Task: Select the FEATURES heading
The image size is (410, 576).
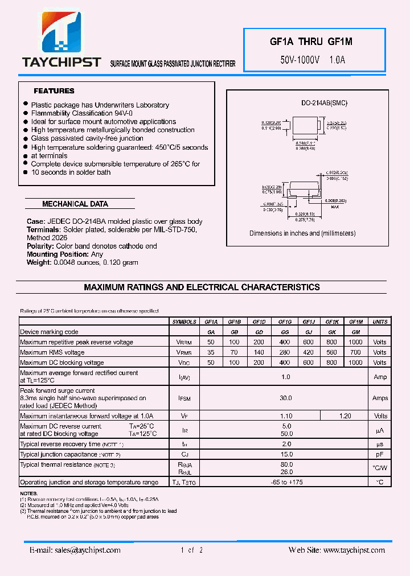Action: [54, 91]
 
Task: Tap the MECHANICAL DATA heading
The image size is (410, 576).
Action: [75, 204]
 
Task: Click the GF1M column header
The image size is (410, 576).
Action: [356, 322]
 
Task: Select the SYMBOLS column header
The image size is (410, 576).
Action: [184, 322]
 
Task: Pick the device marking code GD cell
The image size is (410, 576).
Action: [259, 332]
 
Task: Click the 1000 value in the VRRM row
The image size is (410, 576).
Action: [355, 342]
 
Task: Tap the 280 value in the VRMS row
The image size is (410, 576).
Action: [285, 352]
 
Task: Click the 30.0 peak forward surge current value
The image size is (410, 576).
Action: [286, 398]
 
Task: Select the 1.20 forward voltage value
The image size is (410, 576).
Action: [345, 416]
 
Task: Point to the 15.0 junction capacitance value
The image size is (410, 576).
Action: [286, 454]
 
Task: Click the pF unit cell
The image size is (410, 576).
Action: [380, 454]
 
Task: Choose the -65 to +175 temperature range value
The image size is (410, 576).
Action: [286, 482]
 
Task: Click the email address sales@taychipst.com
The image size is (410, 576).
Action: [75, 550]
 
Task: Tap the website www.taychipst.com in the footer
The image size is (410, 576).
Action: [337, 550]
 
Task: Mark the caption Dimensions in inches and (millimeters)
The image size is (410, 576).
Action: [302, 233]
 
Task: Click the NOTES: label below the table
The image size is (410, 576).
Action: [28, 493]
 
